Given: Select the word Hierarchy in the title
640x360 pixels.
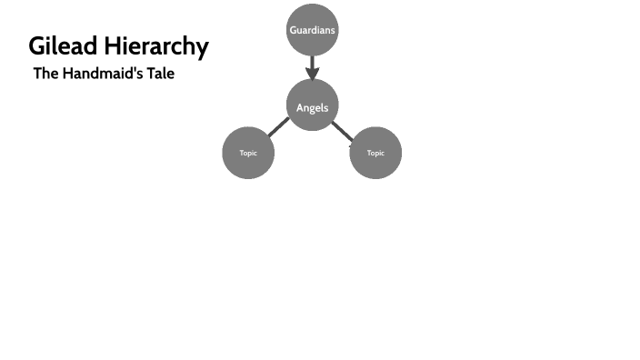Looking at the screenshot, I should point(158,46).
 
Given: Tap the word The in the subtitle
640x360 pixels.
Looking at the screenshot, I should point(45,74).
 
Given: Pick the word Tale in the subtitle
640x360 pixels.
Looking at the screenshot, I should point(159,74).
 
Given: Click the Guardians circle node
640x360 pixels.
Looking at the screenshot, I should point(312,30).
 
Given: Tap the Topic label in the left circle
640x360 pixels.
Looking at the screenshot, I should point(248,153).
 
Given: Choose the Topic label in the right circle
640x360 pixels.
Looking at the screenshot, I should point(375,153).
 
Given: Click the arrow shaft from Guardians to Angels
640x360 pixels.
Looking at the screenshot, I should point(312,62).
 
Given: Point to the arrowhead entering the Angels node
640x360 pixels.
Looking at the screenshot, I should point(312,75).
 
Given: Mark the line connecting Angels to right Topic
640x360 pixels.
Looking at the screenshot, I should point(343,132).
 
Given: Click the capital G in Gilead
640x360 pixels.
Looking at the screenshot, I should point(37,46).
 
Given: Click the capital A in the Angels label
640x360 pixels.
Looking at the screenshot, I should point(300,108).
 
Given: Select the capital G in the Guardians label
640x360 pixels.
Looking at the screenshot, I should point(293,30).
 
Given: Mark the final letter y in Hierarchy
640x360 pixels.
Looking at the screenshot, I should point(203,49).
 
